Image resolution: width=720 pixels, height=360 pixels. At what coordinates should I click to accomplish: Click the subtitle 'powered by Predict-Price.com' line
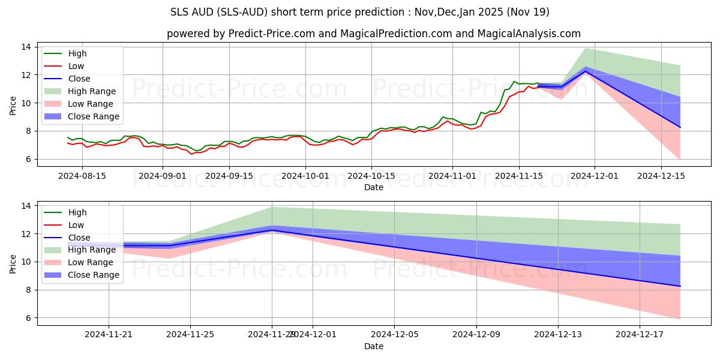(x=374, y=34)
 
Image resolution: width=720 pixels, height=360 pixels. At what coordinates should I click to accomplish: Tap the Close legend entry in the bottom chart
(x=79, y=238)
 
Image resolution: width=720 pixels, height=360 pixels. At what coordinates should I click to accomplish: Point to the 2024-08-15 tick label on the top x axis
(x=82, y=176)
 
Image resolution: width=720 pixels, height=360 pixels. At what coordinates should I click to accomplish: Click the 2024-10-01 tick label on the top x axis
(x=305, y=176)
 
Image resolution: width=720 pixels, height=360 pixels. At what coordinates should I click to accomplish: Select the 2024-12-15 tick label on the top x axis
(x=661, y=176)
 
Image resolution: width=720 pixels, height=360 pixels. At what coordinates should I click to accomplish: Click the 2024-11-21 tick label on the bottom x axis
(x=109, y=335)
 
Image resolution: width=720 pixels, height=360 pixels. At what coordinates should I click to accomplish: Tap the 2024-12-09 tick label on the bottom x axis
(x=476, y=335)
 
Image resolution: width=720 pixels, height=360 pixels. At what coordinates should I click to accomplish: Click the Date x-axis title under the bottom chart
(x=374, y=346)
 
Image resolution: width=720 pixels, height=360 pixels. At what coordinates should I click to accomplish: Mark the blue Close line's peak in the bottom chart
(x=272, y=230)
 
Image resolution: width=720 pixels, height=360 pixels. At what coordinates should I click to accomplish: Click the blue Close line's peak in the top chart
(x=586, y=71)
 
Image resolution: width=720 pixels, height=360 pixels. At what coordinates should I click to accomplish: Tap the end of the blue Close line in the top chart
(x=680, y=127)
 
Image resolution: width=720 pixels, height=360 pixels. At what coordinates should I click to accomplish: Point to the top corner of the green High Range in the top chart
(x=585, y=48)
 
